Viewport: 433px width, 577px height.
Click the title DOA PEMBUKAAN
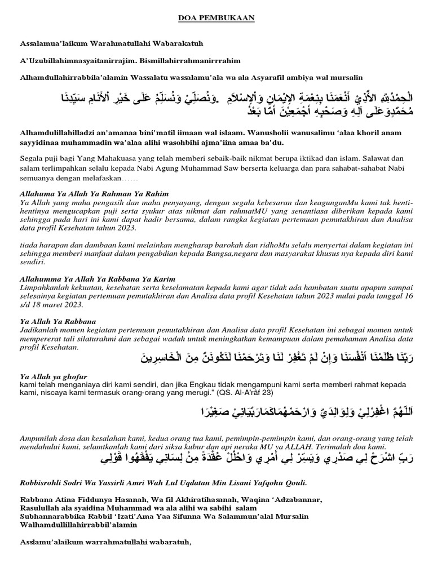216,19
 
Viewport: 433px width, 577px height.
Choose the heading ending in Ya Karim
97,279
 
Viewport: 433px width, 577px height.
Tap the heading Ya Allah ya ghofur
54,376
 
